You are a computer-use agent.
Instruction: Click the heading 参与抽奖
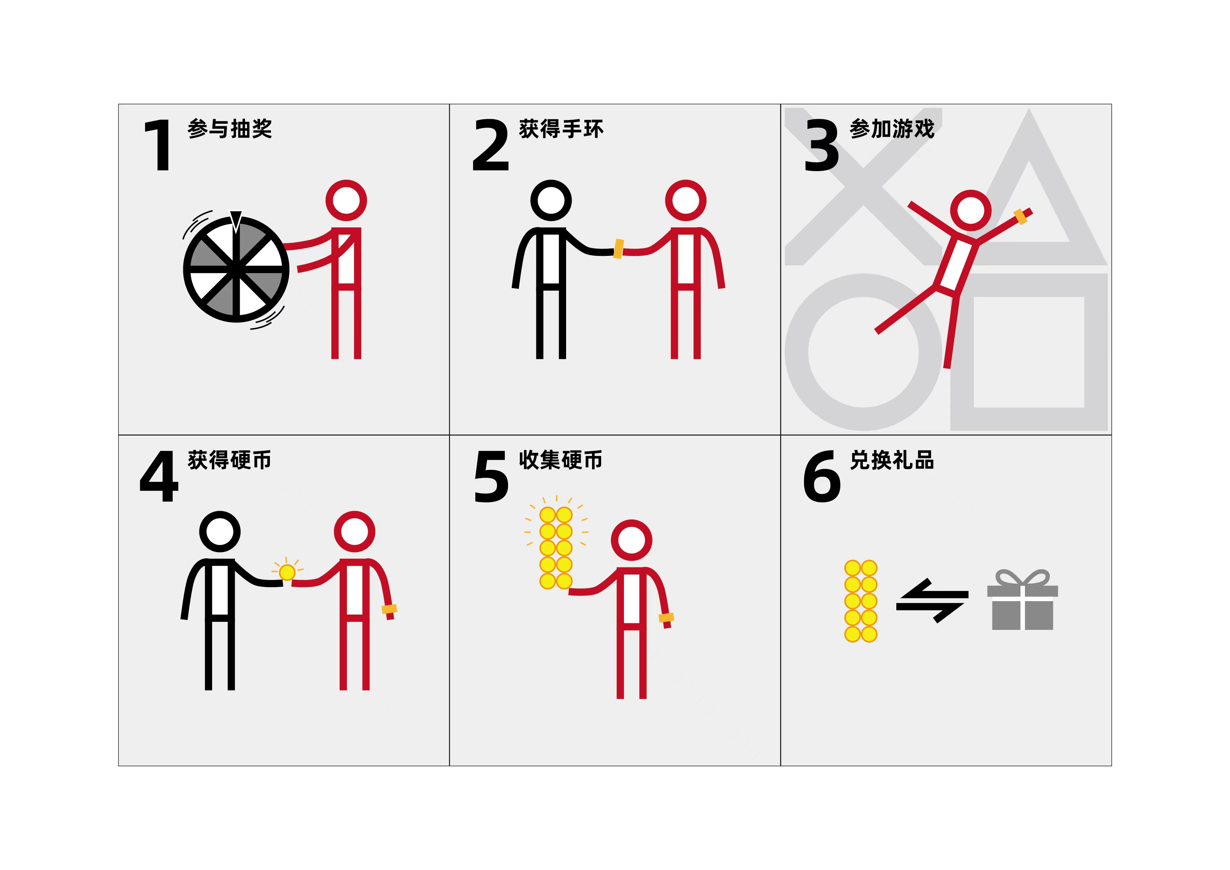point(230,129)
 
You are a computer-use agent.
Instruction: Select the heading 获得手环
point(561,129)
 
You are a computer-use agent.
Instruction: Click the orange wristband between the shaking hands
point(619,249)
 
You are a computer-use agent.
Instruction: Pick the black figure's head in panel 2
point(551,200)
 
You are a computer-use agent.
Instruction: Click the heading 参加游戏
point(892,129)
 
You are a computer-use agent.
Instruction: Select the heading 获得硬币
point(230,460)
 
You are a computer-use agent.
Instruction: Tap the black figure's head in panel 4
point(220,531)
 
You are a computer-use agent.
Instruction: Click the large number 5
point(491,476)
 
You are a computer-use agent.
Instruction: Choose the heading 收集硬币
point(561,460)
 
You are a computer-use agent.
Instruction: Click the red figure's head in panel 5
point(631,540)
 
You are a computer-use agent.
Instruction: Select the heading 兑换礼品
point(892,460)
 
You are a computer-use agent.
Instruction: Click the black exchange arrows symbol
point(932,600)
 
